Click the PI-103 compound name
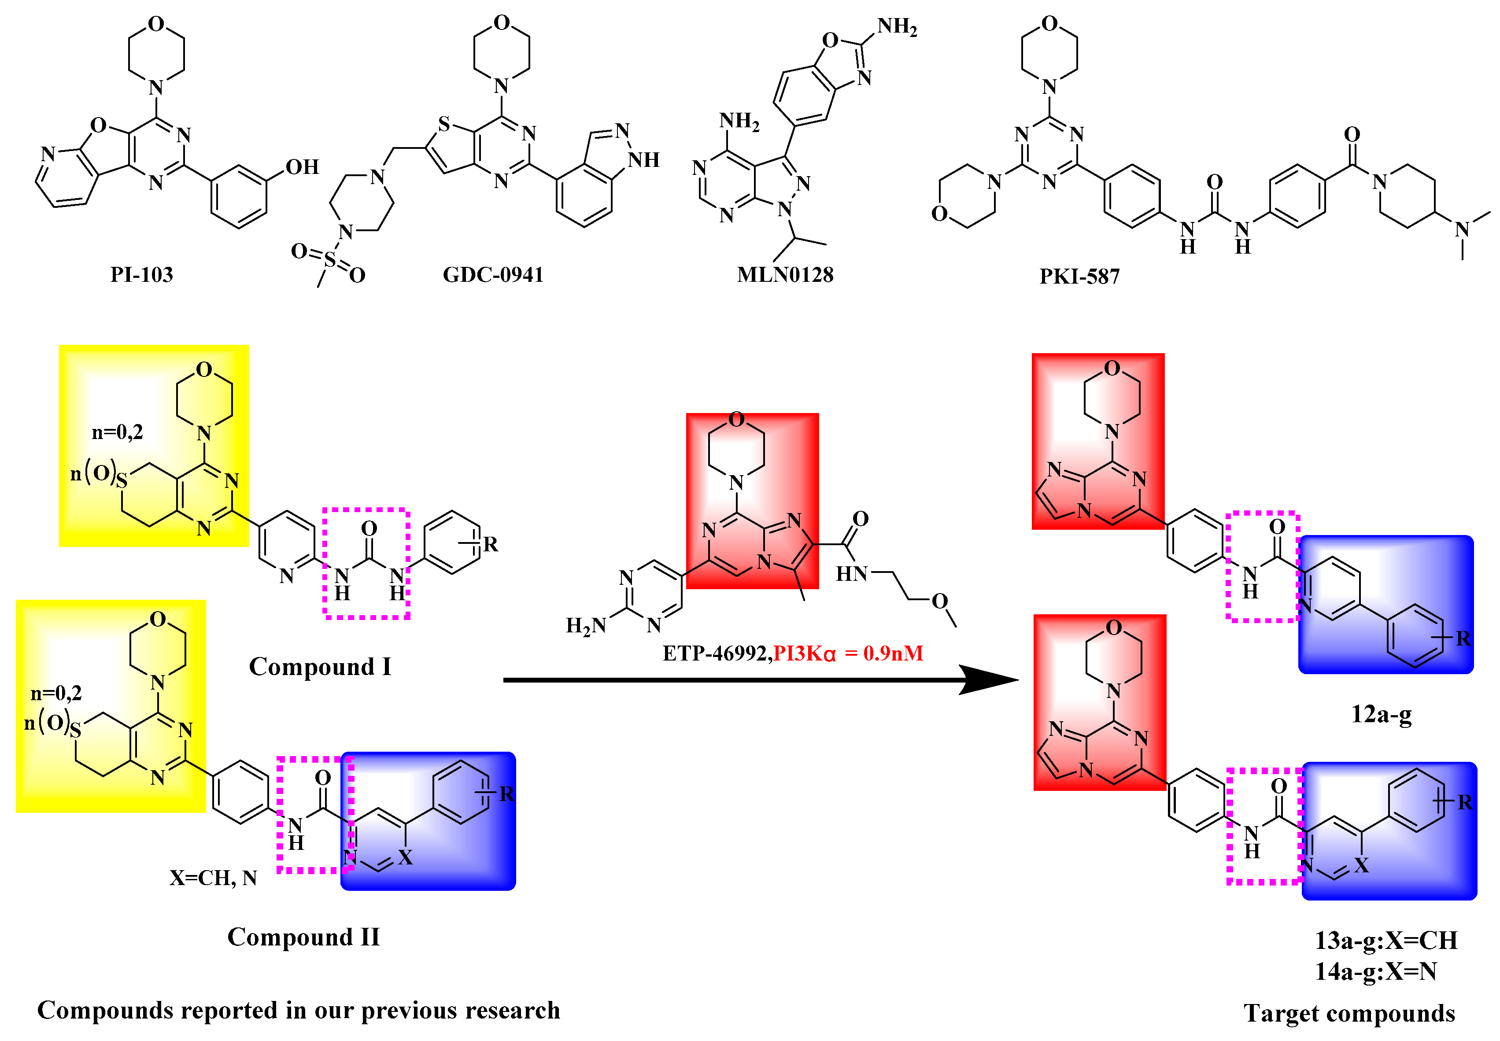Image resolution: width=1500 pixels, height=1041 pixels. pyautogui.click(x=141, y=275)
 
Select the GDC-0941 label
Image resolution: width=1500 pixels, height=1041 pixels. pyautogui.click(x=493, y=275)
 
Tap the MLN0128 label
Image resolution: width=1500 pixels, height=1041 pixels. pyautogui.click(x=785, y=275)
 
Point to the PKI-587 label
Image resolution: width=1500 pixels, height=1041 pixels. pyautogui.click(x=1079, y=277)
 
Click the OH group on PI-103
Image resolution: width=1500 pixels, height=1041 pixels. pyautogui.click(x=303, y=167)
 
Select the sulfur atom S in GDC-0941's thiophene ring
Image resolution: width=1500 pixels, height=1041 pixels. pyautogui.click(x=444, y=124)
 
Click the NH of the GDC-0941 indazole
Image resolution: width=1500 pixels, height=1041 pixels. pyautogui.click(x=644, y=160)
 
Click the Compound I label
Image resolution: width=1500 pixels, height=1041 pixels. pyautogui.click(x=320, y=667)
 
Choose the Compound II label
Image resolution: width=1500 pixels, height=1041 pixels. pyautogui.click(x=303, y=937)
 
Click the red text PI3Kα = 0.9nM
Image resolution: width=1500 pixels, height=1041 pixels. pyautogui.click(x=848, y=653)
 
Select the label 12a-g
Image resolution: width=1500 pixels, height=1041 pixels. pyautogui.click(x=1381, y=714)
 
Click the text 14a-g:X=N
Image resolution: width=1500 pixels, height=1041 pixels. pyautogui.click(x=1376, y=972)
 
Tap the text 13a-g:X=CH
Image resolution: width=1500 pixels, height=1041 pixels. pyautogui.click(x=1386, y=941)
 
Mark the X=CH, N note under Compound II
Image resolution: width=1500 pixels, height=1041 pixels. pyautogui.click(x=213, y=878)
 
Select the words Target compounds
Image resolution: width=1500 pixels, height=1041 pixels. pyautogui.click(x=1349, y=1013)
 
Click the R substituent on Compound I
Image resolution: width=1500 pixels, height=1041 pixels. pyautogui.click(x=491, y=544)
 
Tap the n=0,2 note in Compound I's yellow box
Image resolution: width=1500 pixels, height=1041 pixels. pyautogui.click(x=118, y=432)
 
